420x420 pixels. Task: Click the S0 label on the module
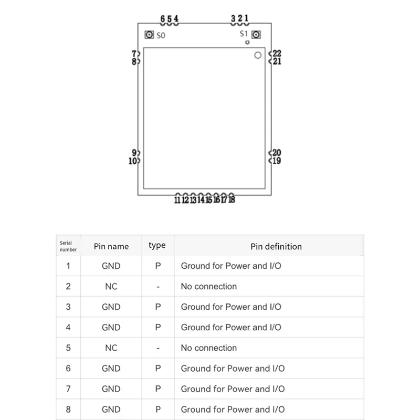[x=161, y=35]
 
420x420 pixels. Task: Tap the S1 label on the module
[x=244, y=34]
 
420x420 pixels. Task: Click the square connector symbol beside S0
[x=149, y=35]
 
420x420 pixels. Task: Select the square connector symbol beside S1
[x=256, y=35]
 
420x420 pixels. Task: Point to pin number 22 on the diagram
[x=277, y=54]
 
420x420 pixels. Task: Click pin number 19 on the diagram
[x=277, y=161]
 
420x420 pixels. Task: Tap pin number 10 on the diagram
[x=133, y=161]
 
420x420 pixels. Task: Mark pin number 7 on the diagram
[x=134, y=54]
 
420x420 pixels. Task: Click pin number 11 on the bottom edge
[x=177, y=200]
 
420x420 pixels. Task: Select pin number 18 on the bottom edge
[x=232, y=199]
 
